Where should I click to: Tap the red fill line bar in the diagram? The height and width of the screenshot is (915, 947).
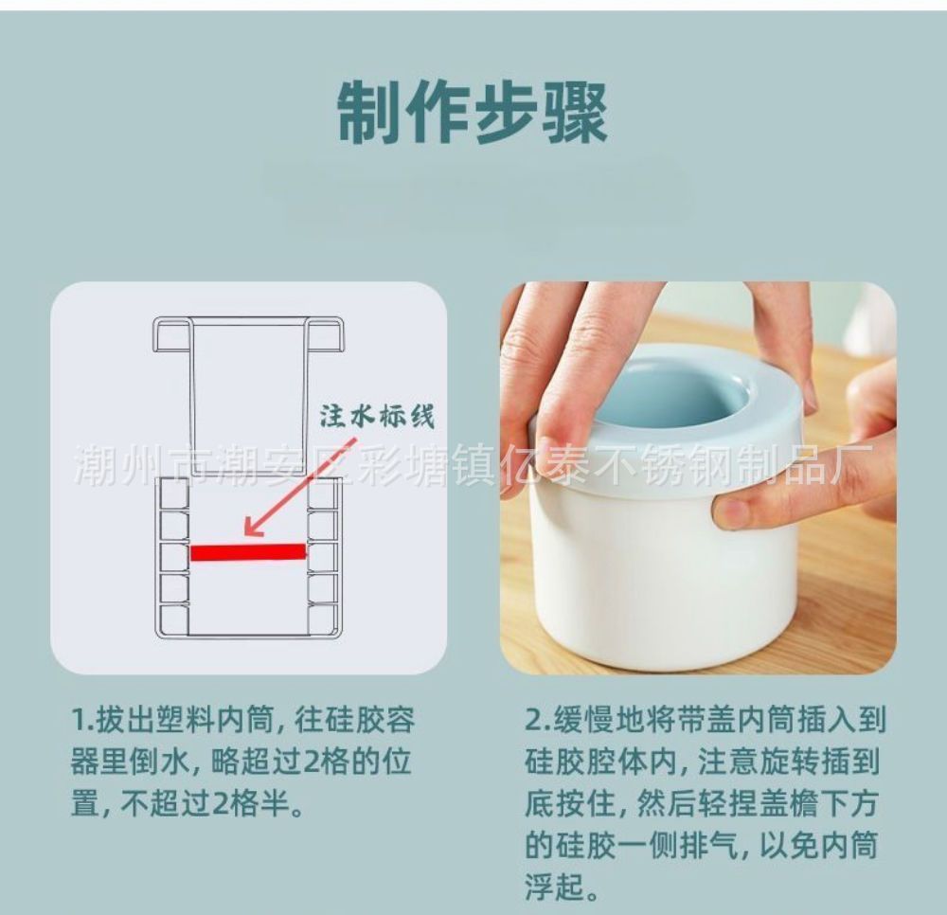tap(247, 552)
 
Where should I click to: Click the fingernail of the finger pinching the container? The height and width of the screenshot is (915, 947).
tap(731, 513)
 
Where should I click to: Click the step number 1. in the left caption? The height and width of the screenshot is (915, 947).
tap(82, 720)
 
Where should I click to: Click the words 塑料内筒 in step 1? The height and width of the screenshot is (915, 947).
tap(216, 720)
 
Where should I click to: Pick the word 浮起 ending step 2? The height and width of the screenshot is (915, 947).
tap(554, 888)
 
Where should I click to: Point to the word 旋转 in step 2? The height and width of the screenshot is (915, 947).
tap(789, 762)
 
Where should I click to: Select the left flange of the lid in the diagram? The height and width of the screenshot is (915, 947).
tap(171, 334)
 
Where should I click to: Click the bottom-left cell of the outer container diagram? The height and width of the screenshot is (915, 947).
tap(172, 619)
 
